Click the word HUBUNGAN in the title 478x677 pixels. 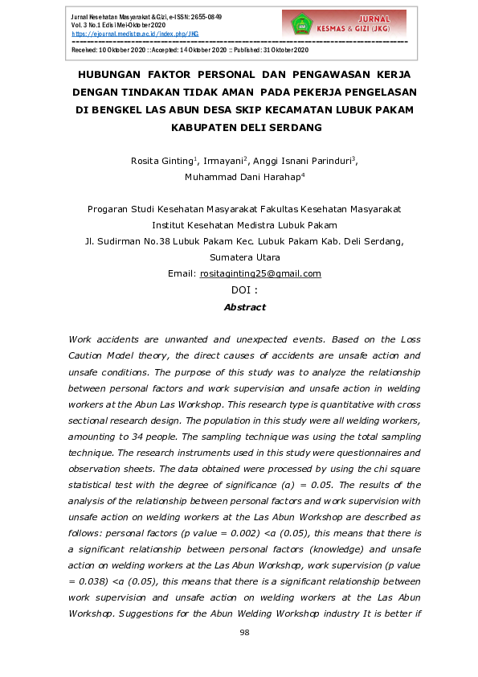107,74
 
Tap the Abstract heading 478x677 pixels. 244,307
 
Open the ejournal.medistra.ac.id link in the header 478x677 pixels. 134,35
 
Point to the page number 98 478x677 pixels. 245,632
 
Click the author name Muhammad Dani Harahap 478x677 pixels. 231,178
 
